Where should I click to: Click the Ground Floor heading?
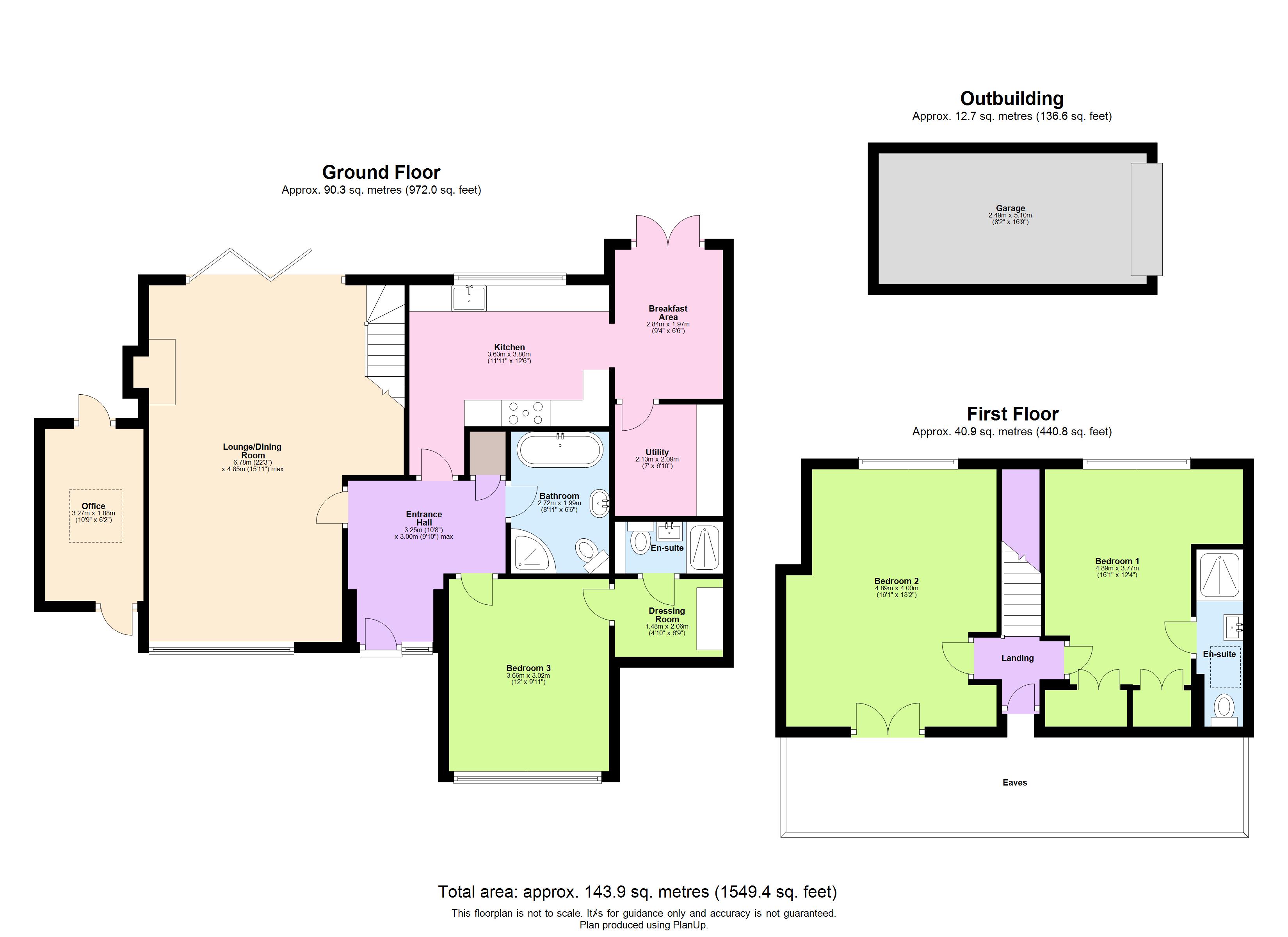tap(381, 172)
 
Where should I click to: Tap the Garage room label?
tap(1010, 208)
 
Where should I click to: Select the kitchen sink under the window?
tap(469, 298)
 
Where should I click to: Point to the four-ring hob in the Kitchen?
tap(526, 413)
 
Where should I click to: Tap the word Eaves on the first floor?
tap(1014, 782)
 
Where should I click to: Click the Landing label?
tap(1017, 658)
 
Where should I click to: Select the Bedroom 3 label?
tap(528, 668)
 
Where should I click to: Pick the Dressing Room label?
tap(667, 615)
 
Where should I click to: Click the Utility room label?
tap(657, 452)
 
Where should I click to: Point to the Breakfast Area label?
tap(668, 312)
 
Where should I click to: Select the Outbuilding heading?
tap(1011, 98)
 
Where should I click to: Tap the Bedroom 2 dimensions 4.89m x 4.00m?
tap(896, 588)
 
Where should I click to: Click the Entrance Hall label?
tap(423, 518)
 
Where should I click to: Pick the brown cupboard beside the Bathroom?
tap(487, 453)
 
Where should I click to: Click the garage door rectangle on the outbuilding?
tap(1146, 219)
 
